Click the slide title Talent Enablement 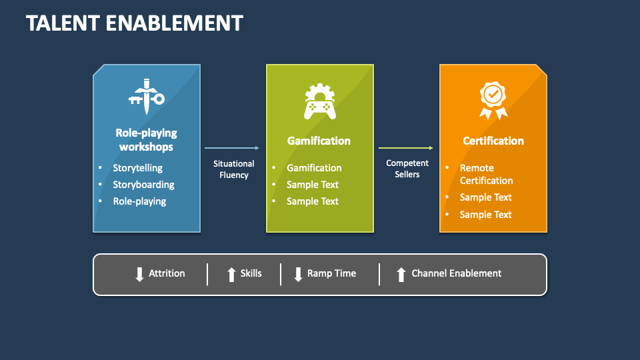(134, 23)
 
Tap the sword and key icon (146, 94)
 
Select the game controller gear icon (319, 101)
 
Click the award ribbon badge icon (493, 101)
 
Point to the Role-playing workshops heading (146, 140)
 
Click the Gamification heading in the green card (319, 141)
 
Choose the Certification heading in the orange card (493, 141)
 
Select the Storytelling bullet (137, 168)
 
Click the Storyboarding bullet (143, 185)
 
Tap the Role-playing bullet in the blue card (139, 201)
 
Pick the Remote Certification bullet (486, 174)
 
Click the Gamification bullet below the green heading (314, 168)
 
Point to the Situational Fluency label (233, 169)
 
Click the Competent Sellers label (407, 169)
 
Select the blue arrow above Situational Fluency (232, 148)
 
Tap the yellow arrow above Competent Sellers (406, 148)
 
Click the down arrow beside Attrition (139, 274)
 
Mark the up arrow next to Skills (231, 274)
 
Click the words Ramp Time (331, 273)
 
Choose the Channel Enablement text (456, 273)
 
